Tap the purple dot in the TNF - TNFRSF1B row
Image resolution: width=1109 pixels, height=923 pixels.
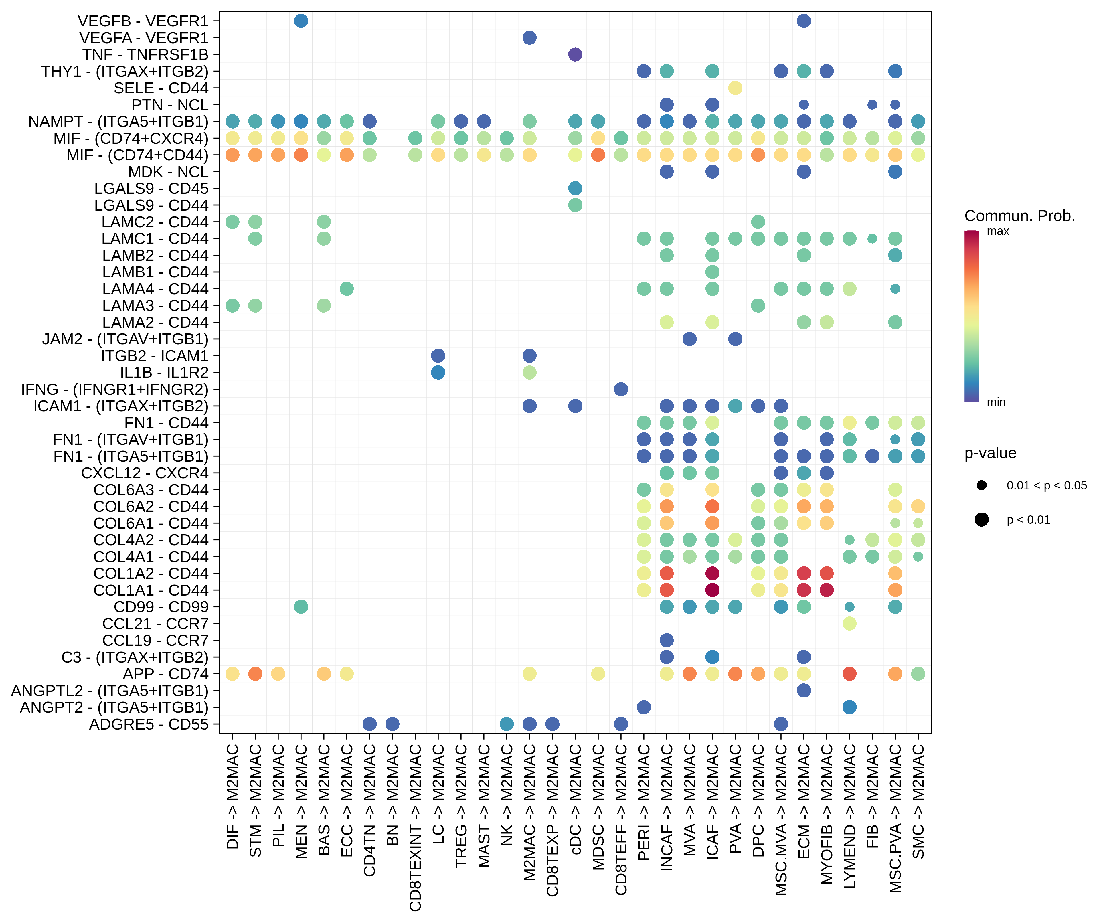pyautogui.click(x=575, y=54)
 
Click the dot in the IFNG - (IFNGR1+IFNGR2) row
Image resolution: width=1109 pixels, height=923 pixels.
pyautogui.click(x=621, y=389)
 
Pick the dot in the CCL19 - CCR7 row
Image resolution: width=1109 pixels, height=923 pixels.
pyautogui.click(x=667, y=640)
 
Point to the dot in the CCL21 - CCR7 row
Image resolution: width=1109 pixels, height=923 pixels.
pyautogui.click(x=849, y=624)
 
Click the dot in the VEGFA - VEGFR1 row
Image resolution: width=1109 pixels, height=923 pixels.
pyautogui.click(x=529, y=37)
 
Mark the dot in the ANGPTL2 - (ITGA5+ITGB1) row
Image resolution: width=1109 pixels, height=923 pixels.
pyautogui.click(x=804, y=690)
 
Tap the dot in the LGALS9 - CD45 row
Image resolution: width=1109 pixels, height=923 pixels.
pyautogui.click(x=575, y=188)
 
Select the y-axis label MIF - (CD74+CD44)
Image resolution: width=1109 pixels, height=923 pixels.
pyautogui.click(x=137, y=155)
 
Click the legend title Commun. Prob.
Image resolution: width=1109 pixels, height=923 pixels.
pyautogui.click(x=1019, y=216)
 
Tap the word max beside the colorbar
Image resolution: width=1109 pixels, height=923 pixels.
pyautogui.click(x=998, y=231)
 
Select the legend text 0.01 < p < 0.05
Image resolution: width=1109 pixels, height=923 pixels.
pyautogui.click(x=1046, y=485)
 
